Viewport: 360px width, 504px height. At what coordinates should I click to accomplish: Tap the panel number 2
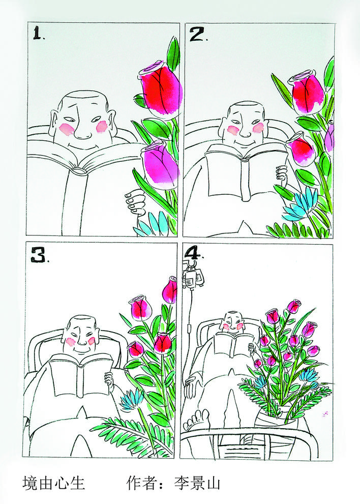197,35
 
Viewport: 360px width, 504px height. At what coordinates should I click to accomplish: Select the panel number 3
39,255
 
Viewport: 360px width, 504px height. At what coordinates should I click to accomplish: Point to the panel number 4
194,253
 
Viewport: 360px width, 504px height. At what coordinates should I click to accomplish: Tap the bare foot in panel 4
197,420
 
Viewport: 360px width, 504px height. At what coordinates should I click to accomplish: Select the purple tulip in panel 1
160,166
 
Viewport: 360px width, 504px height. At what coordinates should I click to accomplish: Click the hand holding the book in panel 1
135,202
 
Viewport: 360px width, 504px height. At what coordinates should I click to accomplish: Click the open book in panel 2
246,170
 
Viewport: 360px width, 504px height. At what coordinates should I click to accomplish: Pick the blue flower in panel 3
132,399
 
